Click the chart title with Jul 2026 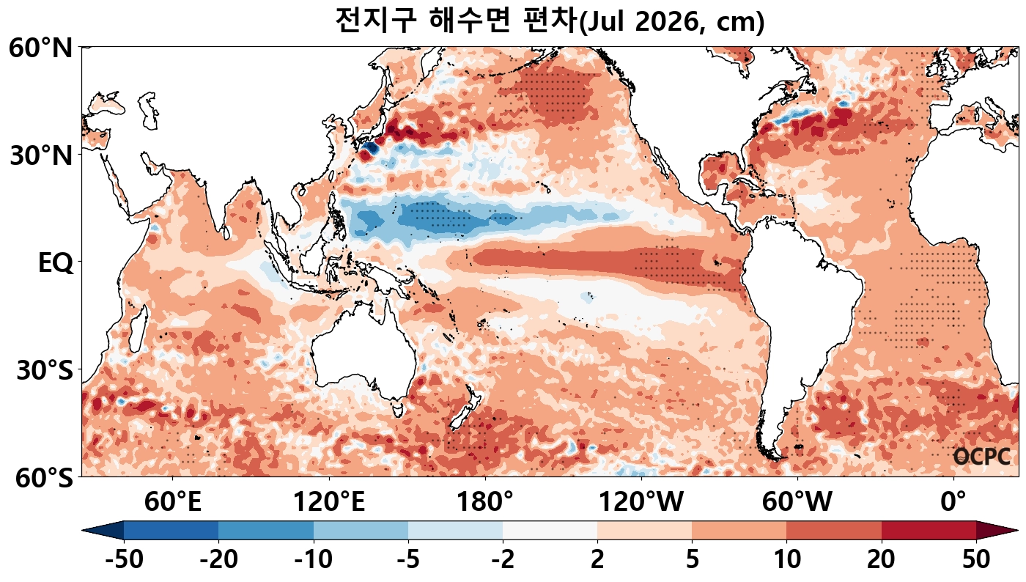click(550, 21)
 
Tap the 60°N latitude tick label click(41, 49)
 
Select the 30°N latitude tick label click(41, 155)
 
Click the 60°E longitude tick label click(172, 503)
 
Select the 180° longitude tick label click(485, 503)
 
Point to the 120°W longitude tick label click(641, 503)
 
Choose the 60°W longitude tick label click(797, 503)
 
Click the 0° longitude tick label click(953, 503)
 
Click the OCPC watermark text click(981, 457)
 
